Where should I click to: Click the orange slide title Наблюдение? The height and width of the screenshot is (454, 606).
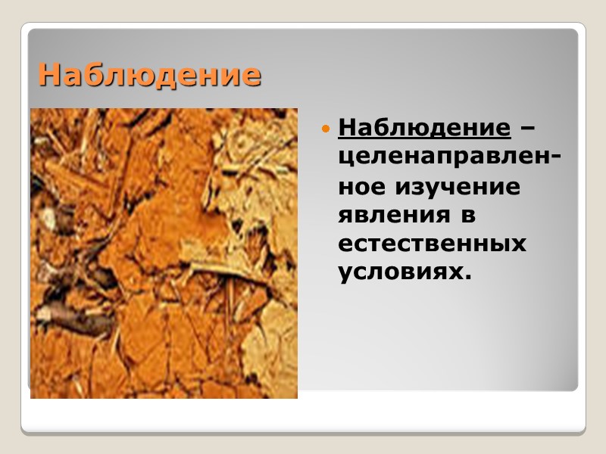click(x=149, y=75)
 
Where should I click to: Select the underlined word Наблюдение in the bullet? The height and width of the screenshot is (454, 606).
click(x=425, y=127)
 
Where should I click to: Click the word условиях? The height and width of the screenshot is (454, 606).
click(x=399, y=272)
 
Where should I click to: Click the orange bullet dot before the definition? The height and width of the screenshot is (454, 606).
click(x=326, y=129)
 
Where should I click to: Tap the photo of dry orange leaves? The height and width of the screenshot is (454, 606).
click(x=164, y=253)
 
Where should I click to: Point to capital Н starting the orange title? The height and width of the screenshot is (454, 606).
click(x=49, y=75)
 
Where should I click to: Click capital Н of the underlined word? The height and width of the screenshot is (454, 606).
click(x=348, y=127)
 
